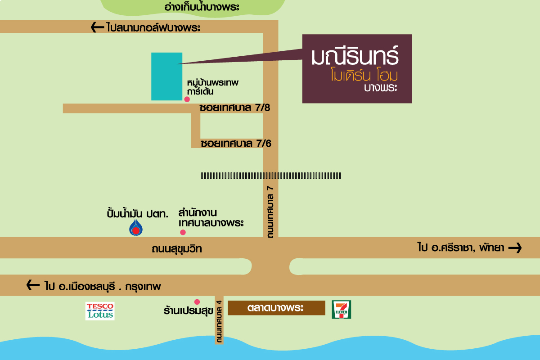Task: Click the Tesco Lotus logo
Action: [x=100, y=311]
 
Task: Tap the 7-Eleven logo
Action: [x=342, y=310]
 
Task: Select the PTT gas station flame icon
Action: [x=136, y=227]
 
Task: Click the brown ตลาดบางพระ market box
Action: [x=276, y=308]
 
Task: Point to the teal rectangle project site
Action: [x=167, y=76]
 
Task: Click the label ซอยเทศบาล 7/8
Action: [x=235, y=108]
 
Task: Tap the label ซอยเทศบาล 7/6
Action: [x=236, y=144]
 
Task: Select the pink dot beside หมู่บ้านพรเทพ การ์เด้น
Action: [x=187, y=99]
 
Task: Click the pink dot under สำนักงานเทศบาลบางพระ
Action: [x=183, y=232]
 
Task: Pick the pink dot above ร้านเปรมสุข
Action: [x=197, y=301]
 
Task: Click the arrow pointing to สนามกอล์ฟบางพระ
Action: [x=97, y=27]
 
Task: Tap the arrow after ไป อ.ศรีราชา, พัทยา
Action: [x=515, y=248]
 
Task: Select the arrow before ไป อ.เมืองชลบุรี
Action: [x=33, y=285]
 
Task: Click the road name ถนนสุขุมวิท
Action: [x=177, y=249]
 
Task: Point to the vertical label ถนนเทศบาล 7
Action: [x=270, y=212]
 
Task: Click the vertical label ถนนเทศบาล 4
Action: [x=219, y=321]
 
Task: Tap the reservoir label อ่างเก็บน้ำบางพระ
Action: [x=202, y=7]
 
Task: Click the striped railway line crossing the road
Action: [x=271, y=176]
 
